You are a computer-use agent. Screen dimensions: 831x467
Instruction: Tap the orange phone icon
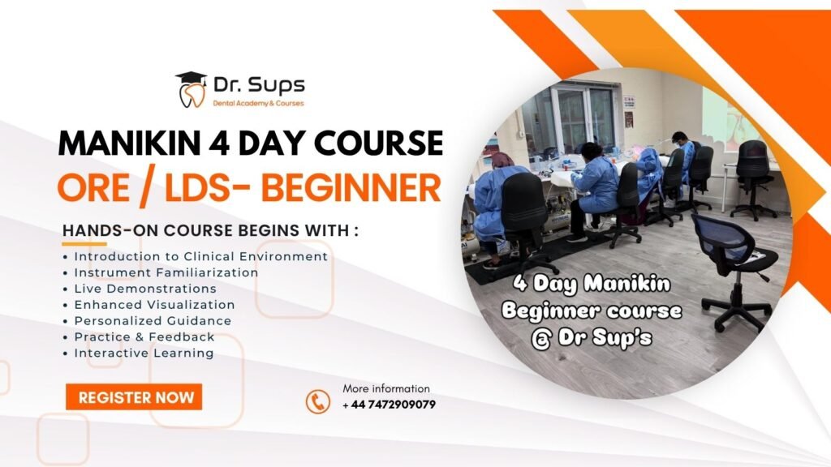pyautogui.click(x=318, y=402)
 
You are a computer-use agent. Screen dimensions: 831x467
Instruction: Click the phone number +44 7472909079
pyautogui.click(x=389, y=405)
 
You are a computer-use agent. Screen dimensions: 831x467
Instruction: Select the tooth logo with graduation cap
pyautogui.click(x=191, y=89)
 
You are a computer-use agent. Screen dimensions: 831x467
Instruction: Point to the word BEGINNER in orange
pyautogui.click(x=351, y=187)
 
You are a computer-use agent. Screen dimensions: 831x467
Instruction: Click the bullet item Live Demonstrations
pyautogui.click(x=145, y=289)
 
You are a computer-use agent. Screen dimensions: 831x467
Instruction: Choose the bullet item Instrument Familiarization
pyautogui.click(x=166, y=272)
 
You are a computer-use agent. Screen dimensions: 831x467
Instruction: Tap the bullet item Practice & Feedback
pyautogui.click(x=144, y=336)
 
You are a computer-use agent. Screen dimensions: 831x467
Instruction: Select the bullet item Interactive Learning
pyautogui.click(x=144, y=353)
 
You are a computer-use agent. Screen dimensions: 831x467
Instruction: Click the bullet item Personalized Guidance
pyautogui.click(x=153, y=321)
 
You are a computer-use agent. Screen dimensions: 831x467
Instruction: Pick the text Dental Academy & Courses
pyautogui.click(x=259, y=103)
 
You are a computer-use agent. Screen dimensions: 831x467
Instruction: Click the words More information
pyautogui.click(x=386, y=388)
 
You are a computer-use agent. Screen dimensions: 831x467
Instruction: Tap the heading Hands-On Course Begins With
pyautogui.click(x=210, y=230)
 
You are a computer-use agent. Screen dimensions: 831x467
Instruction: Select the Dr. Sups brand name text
pyautogui.click(x=259, y=84)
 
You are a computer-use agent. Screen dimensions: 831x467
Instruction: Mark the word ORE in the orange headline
pyautogui.click(x=93, y=187)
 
